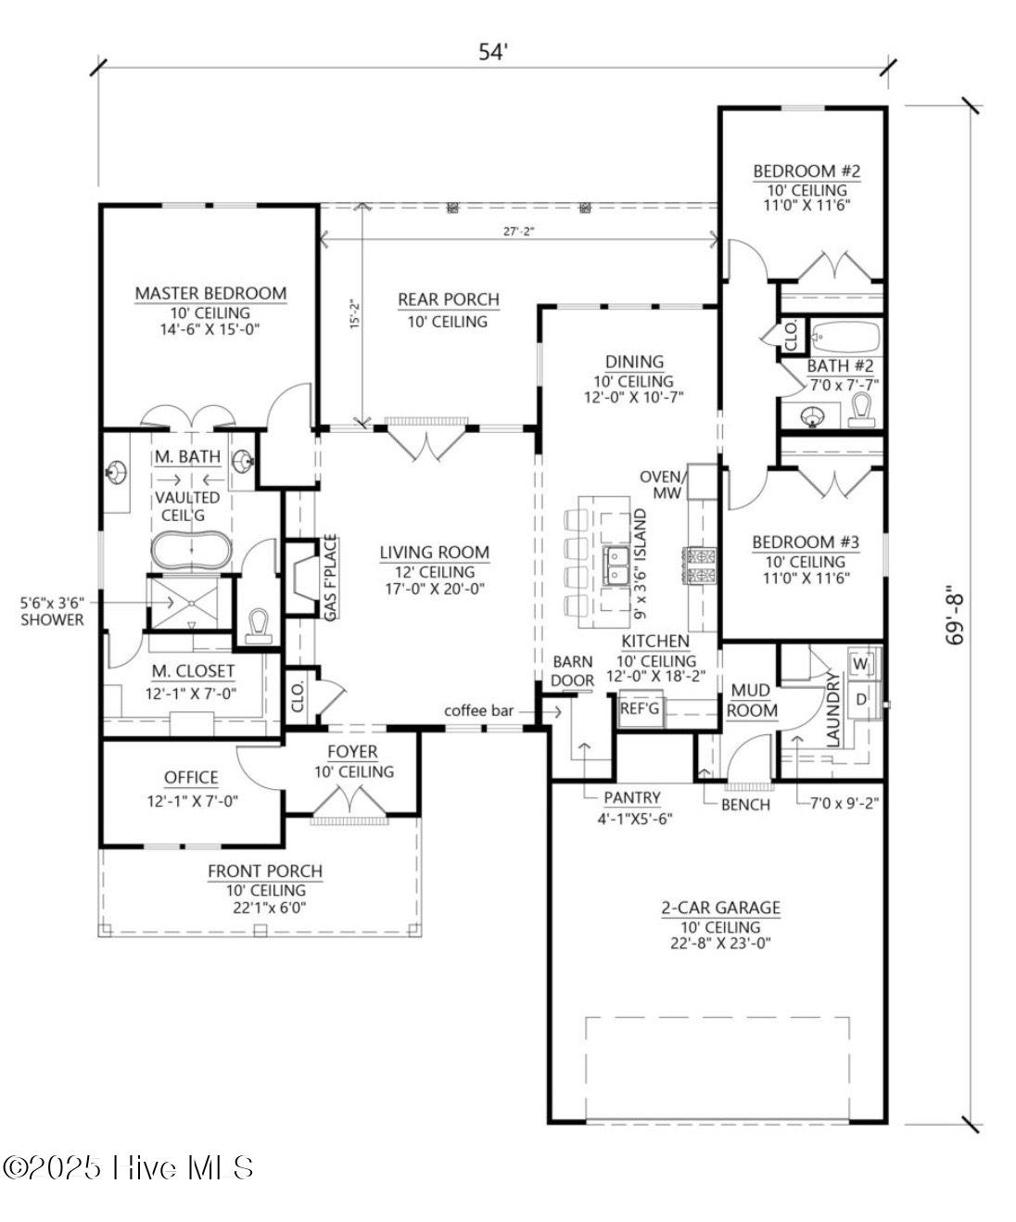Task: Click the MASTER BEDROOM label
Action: [210, 293]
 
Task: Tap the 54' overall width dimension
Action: [493, 53]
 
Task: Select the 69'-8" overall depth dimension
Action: [954, 617]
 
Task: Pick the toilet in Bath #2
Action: [861, 410]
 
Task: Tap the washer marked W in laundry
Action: [860, 664]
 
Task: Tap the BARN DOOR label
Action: [572, 671]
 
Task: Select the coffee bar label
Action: [478, 711]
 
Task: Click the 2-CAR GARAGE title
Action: [720, 908]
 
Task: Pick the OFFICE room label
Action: [191, 778]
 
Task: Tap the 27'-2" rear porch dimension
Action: [519, 232]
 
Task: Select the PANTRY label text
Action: [632, 797]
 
